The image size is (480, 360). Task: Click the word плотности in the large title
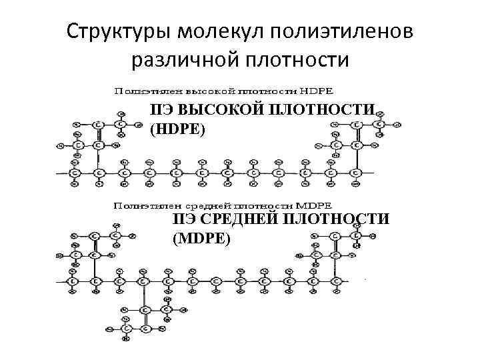(x=297, y=60)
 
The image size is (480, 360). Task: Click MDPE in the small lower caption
(x=320, y=206)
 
